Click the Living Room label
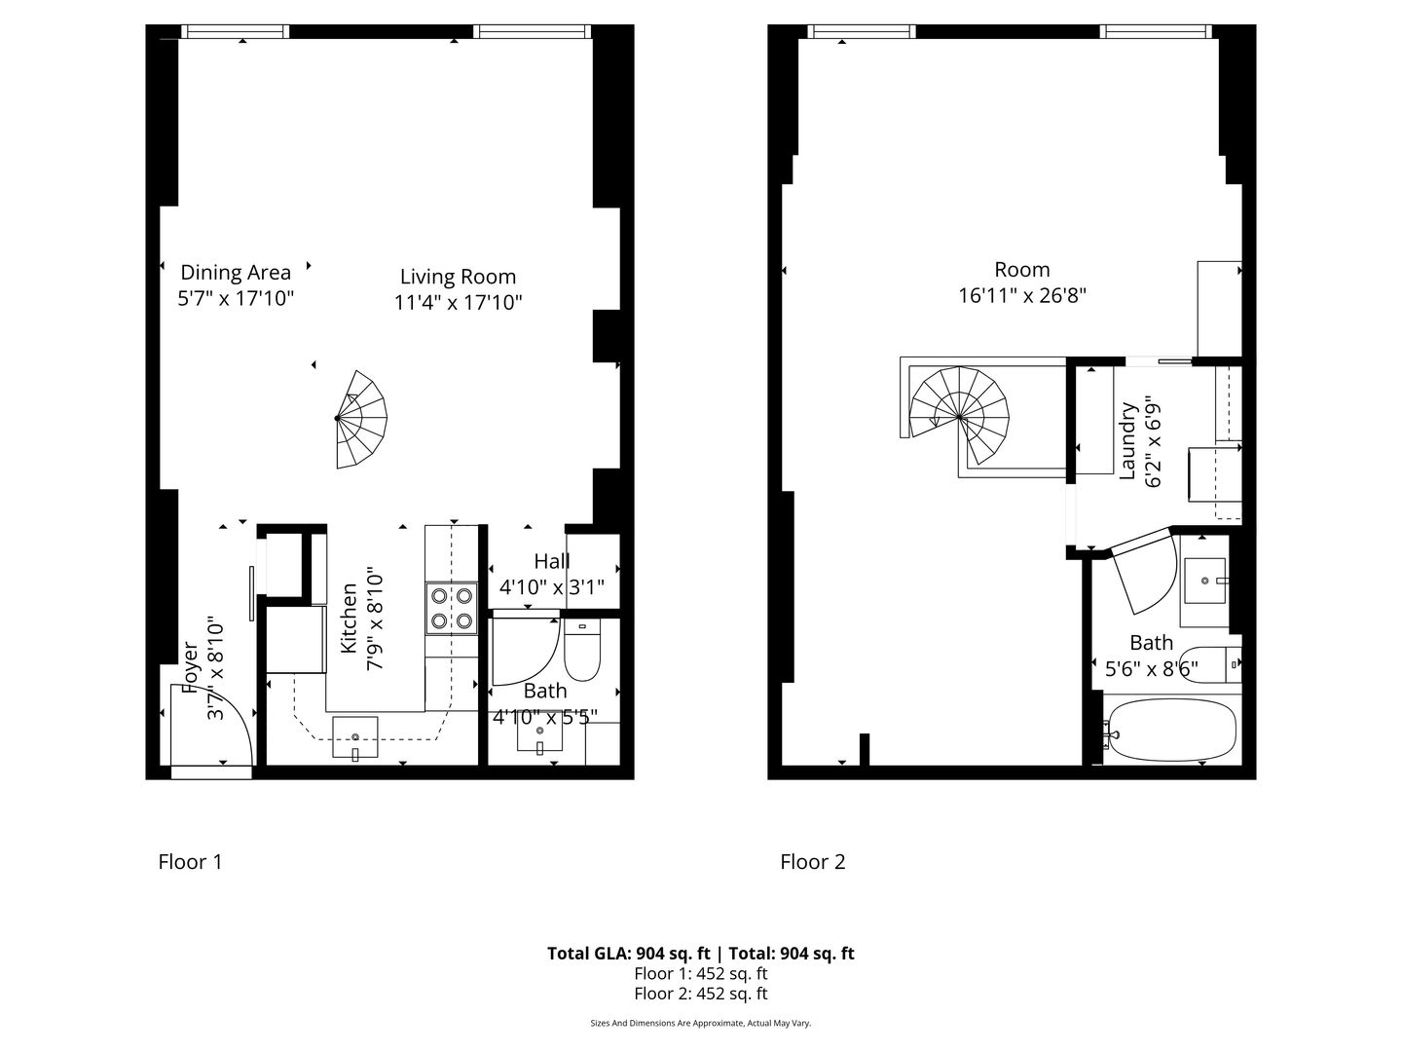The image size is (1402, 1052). (x=458, y=277)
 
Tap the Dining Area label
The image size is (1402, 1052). (x=236, y=272)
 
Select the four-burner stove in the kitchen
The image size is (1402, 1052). (x=452, y=609)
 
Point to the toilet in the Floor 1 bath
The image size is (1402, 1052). (x=582, y=651)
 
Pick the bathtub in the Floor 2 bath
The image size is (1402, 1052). (x=1171, y=731)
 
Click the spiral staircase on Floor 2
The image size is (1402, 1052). (x=959, y=417)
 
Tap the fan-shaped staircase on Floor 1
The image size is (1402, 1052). (x=361, y=419)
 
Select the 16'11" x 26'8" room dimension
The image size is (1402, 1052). (x=1022, y=296)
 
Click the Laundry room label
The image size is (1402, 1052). (x=1128, y=440)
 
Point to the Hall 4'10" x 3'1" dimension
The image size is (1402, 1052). (x=552, y=587)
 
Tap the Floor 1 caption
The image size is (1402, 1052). (x=190, y=862)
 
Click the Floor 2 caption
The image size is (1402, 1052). (x=812, y=862)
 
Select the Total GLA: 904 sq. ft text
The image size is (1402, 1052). (x=629, y=953)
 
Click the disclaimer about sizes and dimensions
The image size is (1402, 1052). (x=701, y=1023)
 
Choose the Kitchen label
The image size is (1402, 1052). (x=349, y=618)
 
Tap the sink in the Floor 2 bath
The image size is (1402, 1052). (x=1205, y=581)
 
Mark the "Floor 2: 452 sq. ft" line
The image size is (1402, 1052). (x=701, y=994)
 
